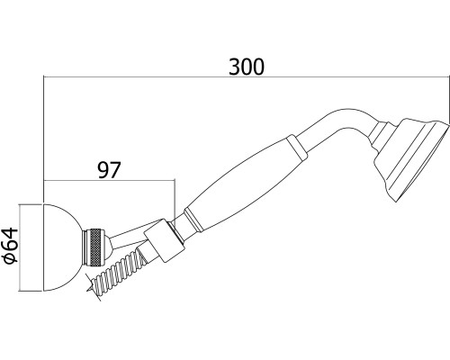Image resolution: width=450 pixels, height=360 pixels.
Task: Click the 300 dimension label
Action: [247, 67]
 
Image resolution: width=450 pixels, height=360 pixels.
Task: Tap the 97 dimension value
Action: [109, 170]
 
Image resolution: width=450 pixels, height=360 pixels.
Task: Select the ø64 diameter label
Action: [12, 246]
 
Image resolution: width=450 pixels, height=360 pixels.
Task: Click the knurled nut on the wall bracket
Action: [94, 247]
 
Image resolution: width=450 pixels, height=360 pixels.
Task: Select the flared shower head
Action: [411, 160]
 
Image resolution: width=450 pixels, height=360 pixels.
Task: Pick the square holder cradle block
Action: [164, 240]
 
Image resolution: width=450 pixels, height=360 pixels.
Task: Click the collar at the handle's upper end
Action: [297, 147]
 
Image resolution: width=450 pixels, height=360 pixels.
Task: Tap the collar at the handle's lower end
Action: [193, 220]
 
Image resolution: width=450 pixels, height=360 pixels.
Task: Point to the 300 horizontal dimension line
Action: [247, 76]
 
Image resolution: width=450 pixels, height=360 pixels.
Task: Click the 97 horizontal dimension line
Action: [109, 180]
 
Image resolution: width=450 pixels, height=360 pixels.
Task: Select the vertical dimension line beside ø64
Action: [19, 247]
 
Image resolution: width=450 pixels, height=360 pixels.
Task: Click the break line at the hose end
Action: [94, 287]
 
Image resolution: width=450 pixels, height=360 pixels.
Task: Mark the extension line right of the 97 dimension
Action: [175, 201]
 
